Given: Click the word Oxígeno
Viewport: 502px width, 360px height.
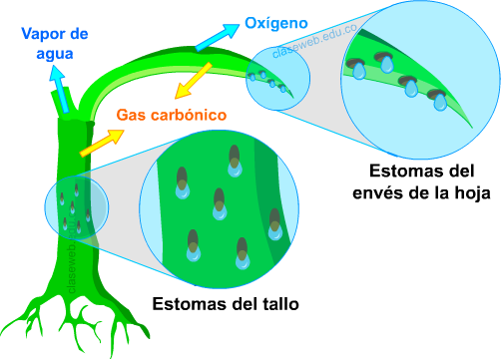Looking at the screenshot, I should tap(275, 22).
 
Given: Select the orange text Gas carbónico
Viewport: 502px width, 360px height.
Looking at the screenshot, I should tap(172, 116).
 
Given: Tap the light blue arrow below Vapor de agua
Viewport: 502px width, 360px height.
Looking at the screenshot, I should tap(58, 85).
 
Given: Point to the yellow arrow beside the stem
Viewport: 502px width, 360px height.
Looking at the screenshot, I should tap(97, 142).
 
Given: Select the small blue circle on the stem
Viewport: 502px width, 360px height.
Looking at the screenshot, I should tap(76, 206).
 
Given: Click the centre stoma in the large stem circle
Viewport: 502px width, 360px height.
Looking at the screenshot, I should tap(220, 204).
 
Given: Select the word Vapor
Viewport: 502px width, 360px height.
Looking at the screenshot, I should tap(41, 34).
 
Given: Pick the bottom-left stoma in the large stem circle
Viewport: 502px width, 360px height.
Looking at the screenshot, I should tap(193, 242).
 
